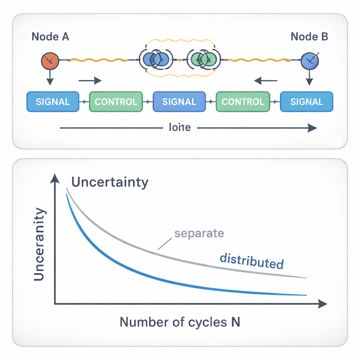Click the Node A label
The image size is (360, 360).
click(x=50, y=37)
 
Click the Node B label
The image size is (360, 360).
click(x=309, y=37)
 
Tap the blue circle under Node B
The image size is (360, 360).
click(x=309, y=61)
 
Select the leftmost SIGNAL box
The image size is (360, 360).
click(x=53, y=102)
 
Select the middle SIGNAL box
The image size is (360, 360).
click(x=179, y=102)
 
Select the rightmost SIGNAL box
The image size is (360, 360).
click(x=306, y=102)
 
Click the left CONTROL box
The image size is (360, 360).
click(x=116, y=102)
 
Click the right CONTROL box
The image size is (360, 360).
click(x=243, y=102)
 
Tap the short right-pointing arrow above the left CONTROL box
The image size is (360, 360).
click(x=90, y=81)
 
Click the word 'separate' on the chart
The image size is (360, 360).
click(x=199, y=233)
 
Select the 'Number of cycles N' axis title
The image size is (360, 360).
click(x=180, y=322)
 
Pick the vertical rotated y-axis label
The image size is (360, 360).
click(x=39, y=244)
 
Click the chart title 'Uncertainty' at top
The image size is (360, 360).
click(x=110, y=182)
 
